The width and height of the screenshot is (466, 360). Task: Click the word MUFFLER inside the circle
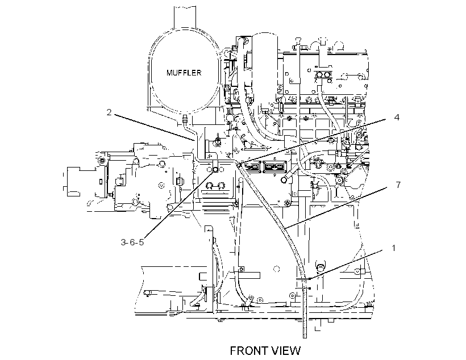[x=184, y=73]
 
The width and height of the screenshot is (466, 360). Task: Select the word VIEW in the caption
[x=286, y=351]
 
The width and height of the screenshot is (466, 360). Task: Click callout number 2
[x=109, y=112]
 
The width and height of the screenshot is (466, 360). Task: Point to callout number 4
[x=397, y=117]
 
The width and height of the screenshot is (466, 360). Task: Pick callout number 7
[x=398, y=185]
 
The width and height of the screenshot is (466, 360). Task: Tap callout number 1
[x=394, y=248]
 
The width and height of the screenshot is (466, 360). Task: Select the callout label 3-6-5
[x=132, y=242]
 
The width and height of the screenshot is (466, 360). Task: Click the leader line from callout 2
[x=154, y=127]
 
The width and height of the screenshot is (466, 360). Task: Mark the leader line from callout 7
[x=335, y=207]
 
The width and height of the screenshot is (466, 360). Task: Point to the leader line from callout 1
[x=345, y=265]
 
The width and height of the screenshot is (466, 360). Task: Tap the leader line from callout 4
[x=313, y=141]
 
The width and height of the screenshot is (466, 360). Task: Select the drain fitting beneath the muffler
[x=185, y=119]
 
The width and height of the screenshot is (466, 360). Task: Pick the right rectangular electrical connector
[x=274, y=167]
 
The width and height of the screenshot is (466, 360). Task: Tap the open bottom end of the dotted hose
[x=305, y=337]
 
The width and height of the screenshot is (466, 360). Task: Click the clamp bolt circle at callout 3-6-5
[x=215, y=170]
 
